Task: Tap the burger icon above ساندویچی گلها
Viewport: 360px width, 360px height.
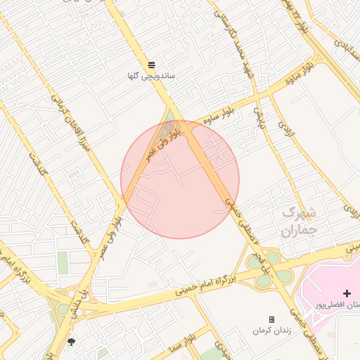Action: (x=152, y=65)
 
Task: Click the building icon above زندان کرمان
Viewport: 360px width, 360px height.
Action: (x=271, y=319)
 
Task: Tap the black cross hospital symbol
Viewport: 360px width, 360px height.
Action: (x=346, y=292)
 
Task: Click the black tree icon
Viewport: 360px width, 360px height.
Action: (x=71, y=342)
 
